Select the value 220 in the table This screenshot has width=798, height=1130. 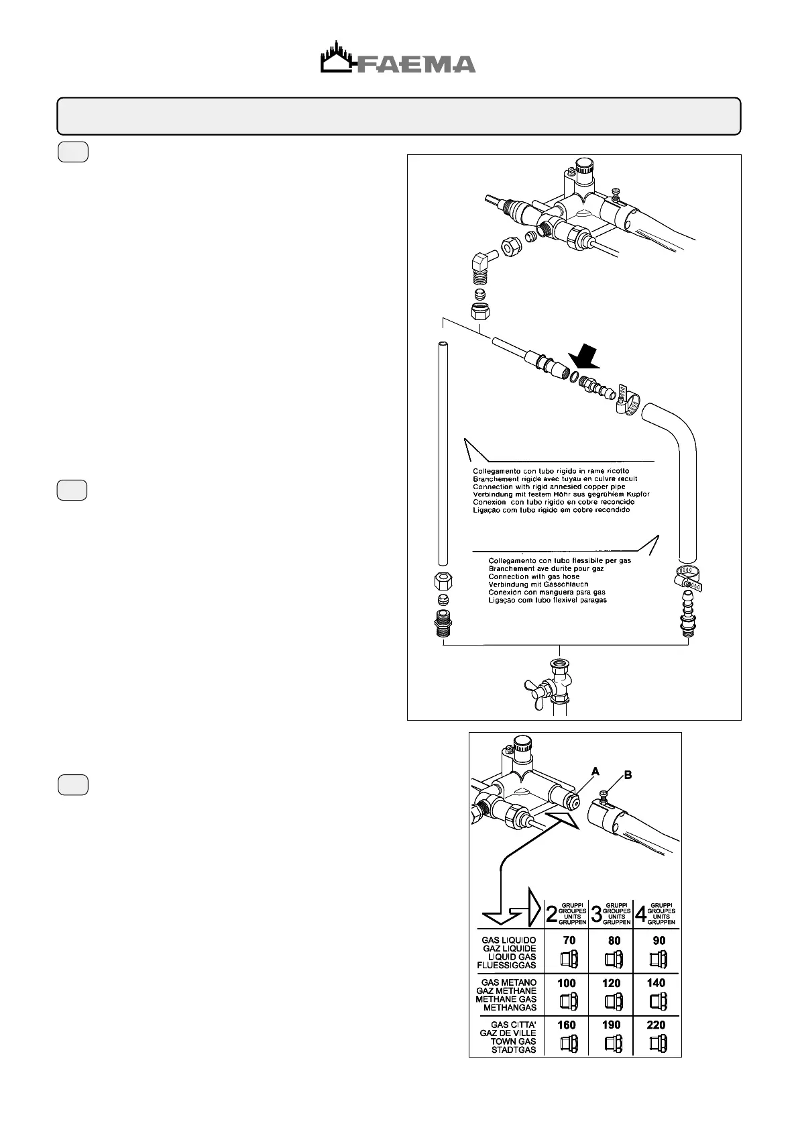click(656, 1025)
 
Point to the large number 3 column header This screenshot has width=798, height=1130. click(595, 914)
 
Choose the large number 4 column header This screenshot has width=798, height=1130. click(640, 914)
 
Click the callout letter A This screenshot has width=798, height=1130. click(595, 772)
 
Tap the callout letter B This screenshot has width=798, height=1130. click(628, 775)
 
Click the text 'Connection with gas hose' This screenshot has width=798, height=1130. click(534, 576)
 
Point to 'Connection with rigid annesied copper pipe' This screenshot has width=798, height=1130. click(549, 486)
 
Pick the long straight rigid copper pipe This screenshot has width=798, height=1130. click(443, 456)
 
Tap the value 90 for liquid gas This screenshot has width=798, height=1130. click(659, 940)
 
